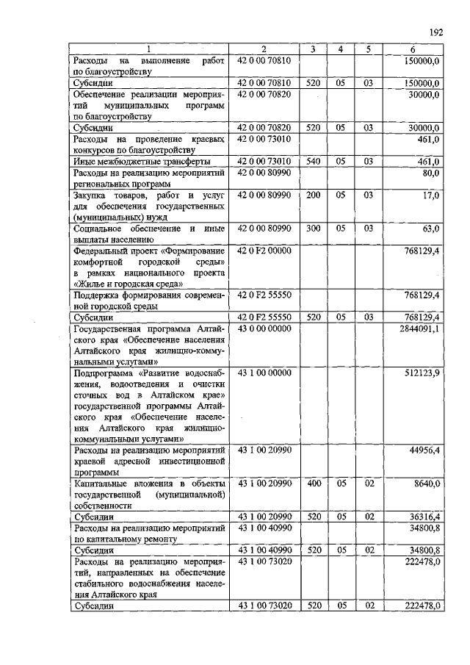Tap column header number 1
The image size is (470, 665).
pyautogui.click(x=149, y=49)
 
